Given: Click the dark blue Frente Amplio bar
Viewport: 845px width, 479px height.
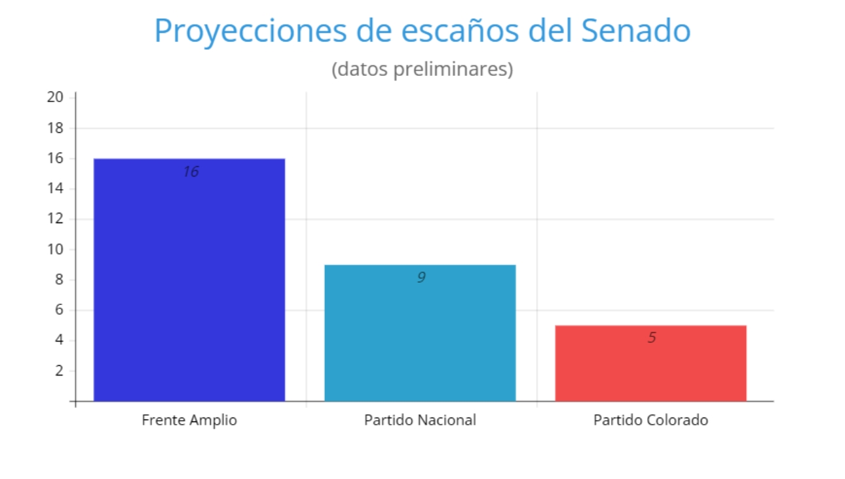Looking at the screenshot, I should coord(189,281).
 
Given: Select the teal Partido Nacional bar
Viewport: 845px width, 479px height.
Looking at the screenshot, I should coord(420,334).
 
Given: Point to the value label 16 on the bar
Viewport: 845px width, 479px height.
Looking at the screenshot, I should coord(191,172).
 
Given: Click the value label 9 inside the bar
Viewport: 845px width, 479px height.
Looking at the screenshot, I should coord(421,278).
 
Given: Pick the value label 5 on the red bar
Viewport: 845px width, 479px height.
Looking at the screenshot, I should coord(652,338).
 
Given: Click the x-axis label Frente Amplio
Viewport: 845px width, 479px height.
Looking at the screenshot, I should coord(189,420).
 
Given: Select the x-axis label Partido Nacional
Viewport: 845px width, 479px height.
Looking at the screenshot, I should coord(420,420).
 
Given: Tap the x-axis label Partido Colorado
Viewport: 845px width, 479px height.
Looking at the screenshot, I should coord(650,420).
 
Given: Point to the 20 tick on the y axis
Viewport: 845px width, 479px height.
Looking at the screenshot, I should coord(55,98).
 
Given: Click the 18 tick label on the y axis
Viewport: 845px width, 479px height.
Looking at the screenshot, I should coord(55,128).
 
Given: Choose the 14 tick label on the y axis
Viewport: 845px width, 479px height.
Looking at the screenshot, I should coord(55,189).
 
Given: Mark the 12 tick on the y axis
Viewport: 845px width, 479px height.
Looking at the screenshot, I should coord(55,219).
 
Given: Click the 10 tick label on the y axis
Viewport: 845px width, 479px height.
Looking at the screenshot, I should coord(55,249).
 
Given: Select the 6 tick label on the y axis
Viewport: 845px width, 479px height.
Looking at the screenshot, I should coord(59,310).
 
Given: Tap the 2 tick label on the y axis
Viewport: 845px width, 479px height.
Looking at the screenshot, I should coord(59,371).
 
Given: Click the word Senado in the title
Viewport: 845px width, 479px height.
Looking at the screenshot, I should coord(635,31).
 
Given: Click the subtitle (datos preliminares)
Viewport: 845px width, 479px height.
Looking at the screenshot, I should coord(422,69).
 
